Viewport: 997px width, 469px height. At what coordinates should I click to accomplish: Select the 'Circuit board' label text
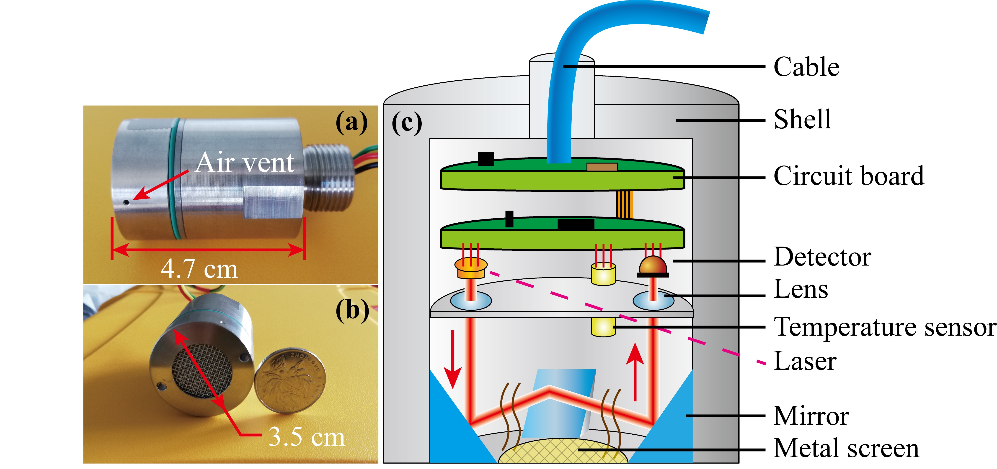tap(848, 176)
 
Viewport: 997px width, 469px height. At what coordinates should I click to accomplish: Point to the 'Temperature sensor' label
tap(884, 327)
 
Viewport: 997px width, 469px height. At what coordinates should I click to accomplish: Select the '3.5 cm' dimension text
tap(306, 437)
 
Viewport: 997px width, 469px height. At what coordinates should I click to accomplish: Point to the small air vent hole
tap(127, 202)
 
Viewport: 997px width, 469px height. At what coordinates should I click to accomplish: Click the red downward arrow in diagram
tap(452, 359)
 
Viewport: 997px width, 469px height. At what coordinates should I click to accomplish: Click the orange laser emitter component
tap(471, 268)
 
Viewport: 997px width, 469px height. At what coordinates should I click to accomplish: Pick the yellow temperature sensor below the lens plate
tap(603, 327)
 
